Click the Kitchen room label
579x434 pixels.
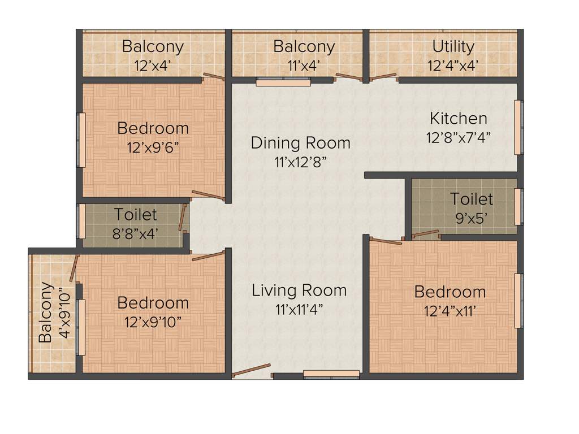[x=459, y=119]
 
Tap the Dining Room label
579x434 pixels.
[x=300, y=142]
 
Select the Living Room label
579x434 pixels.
[x=299, y=290]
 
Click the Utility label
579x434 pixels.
[x=453, y=46]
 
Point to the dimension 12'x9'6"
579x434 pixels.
[x=153, y=147]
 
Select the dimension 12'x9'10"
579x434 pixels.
[x=153, y=322]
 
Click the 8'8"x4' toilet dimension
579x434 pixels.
[x=136, y=233]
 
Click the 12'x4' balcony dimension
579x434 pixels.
[x=153, y=66]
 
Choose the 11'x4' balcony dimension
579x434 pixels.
[x=304, y=66]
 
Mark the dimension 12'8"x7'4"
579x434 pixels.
[x=459, y=137]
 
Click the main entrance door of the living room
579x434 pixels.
[x=251, y=371]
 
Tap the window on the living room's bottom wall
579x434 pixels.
[x=331, y=374]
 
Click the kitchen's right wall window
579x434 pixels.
[x=517, y=127]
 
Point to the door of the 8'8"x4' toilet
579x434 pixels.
[x=183, y=218]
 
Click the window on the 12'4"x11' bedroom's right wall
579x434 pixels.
[x=517, y=301]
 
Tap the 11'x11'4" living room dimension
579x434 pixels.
[x=299, y=310]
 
